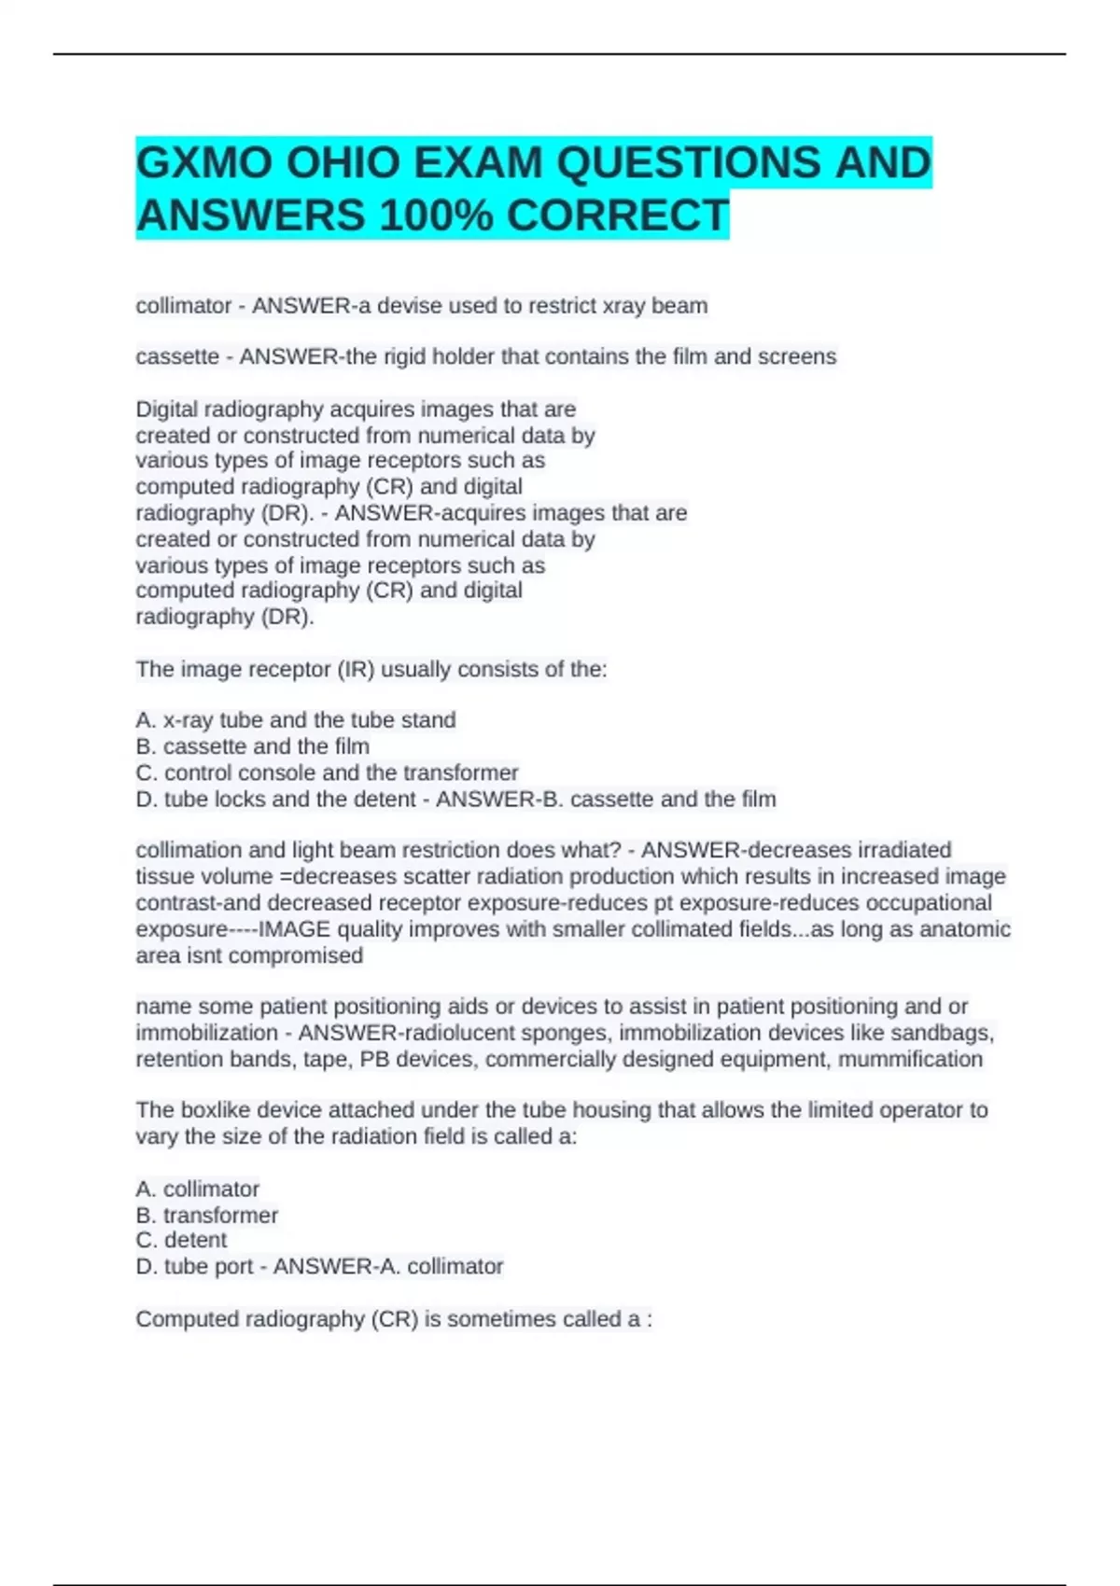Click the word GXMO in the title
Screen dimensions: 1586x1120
click(204, 163)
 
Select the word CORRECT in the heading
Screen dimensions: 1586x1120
click(617, 216)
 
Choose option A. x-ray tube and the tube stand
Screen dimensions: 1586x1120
click(296, 720)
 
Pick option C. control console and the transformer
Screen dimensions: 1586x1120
click(327, 772)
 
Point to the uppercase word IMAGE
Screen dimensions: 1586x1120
click(294, 929)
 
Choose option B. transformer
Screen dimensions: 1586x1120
click(207, 1215)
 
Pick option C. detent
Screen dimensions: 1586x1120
click(182, 1240)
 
